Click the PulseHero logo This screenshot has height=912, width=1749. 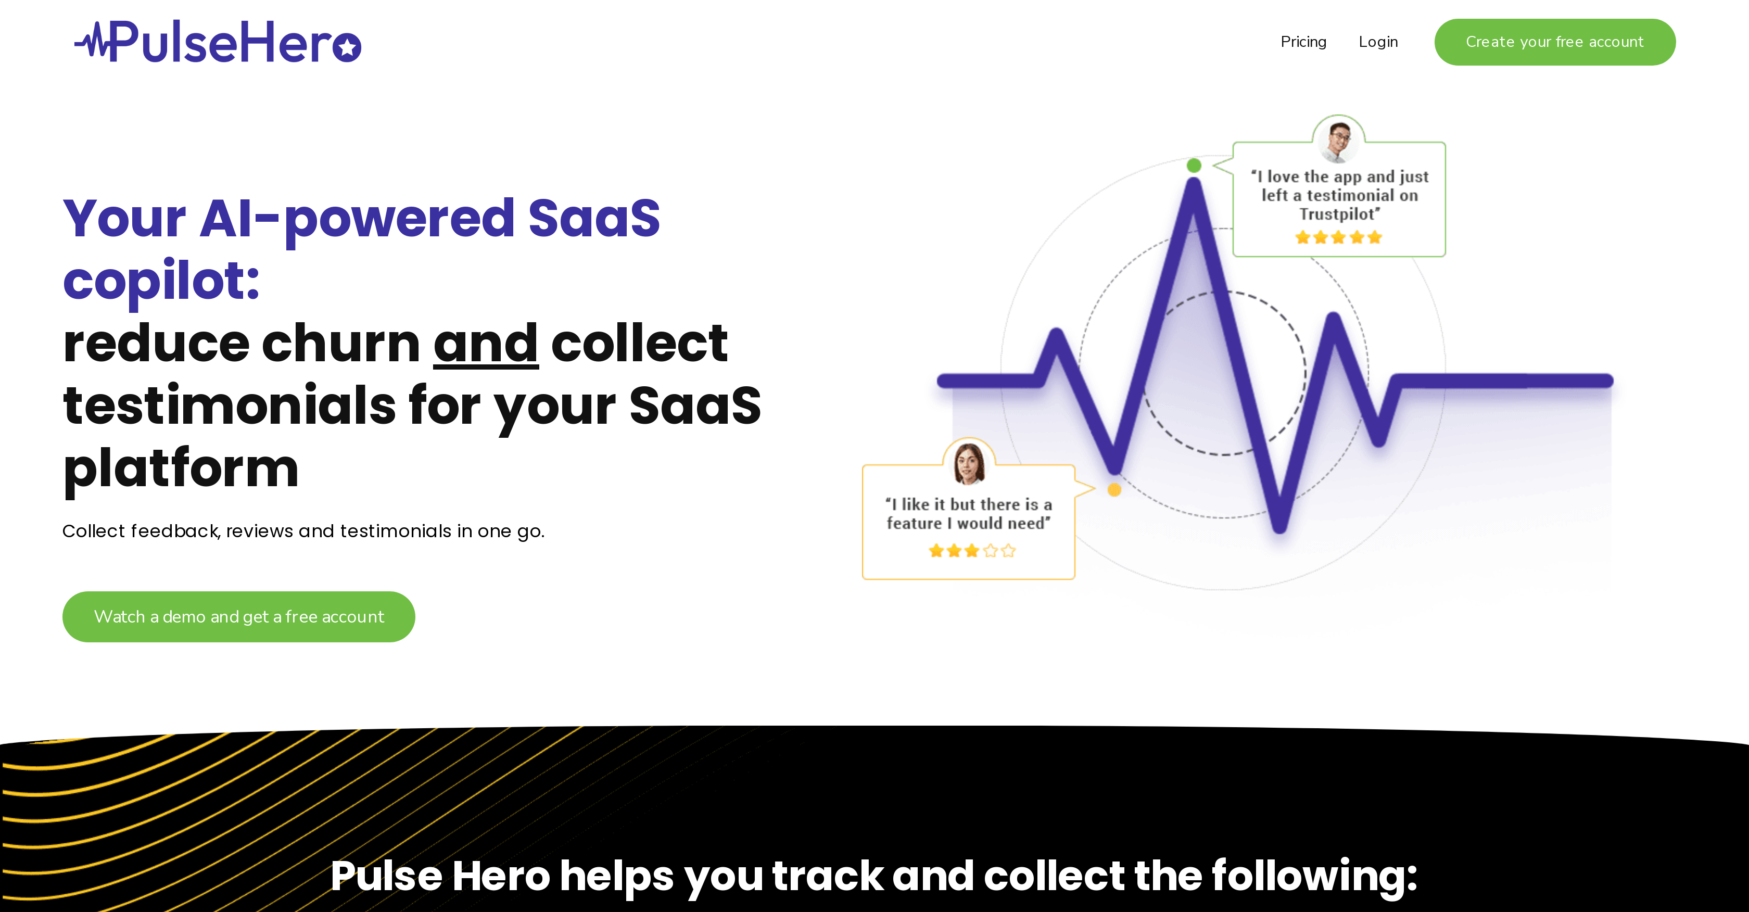tap(217, 42)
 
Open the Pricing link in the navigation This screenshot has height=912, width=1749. tap(1303, 42)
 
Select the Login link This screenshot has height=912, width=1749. tap(1378, 42)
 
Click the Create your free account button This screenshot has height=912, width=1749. tap(1554, 42)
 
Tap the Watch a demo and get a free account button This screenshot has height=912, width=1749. tap(238, 617)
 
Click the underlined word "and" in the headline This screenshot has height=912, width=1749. tap(486, 344)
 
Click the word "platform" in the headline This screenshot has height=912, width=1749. tap(181, 468)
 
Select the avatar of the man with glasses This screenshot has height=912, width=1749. tap(1338, 141)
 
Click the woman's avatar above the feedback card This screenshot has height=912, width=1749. tap(969, 463)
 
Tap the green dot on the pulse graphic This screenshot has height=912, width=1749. tap(1194, 165)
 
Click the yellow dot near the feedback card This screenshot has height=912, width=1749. tap(1114, 490)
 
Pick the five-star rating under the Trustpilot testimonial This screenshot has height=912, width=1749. tap(1338, 237)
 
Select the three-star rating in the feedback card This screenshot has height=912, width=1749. tap(972, 551)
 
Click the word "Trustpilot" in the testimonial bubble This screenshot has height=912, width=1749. tap(1338, 214)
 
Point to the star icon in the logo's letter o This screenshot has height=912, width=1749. tap(348, 47)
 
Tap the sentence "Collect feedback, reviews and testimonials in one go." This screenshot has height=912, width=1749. tap(303, 531)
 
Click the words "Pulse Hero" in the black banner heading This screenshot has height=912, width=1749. tap(440, 876)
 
